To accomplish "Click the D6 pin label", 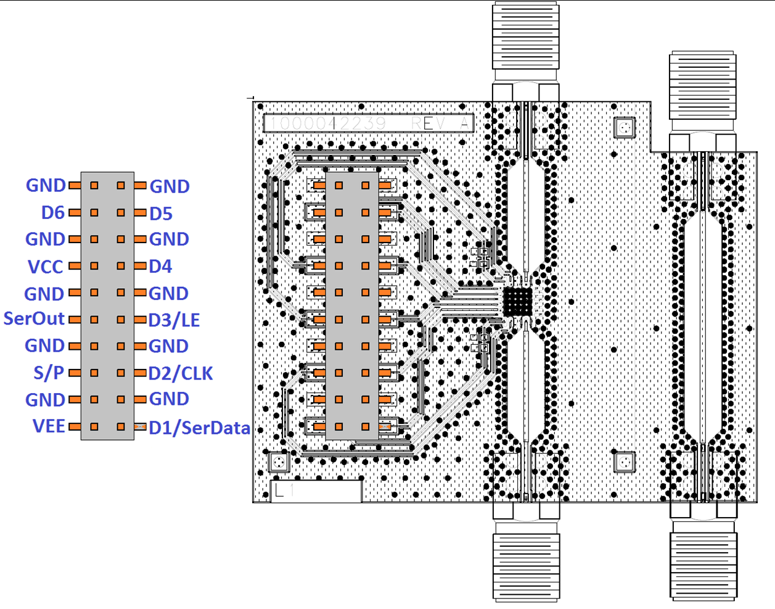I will [x=52, y=212].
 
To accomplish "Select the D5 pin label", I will [x=161, y=213].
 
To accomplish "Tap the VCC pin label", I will [x=46, y=267].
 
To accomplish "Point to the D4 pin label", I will [x=160, y=266].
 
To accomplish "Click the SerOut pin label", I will [x=34, y=318].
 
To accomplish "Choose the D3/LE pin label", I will [x=174, y=320].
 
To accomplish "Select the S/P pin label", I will [x=49, y=373].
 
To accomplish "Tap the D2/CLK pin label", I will [x=181, y=373].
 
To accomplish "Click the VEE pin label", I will [x=49, y=426].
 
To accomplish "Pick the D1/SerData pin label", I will [x=199, y=427].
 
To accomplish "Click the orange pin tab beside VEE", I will [x=75, y=426].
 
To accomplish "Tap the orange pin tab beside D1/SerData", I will [x=140, y=426].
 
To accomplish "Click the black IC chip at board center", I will [x=517, y=301].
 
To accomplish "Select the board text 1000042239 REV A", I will [x=369, y=123].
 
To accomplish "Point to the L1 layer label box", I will [x=316, y=491].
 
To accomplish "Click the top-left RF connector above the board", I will [x=526, y=37].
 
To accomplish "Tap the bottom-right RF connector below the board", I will [x=703, y=565].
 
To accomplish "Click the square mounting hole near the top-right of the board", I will [x=625, y=128].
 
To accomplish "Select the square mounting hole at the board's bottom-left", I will [x=279, y=462].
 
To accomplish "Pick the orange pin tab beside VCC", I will [x=75, y=266].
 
